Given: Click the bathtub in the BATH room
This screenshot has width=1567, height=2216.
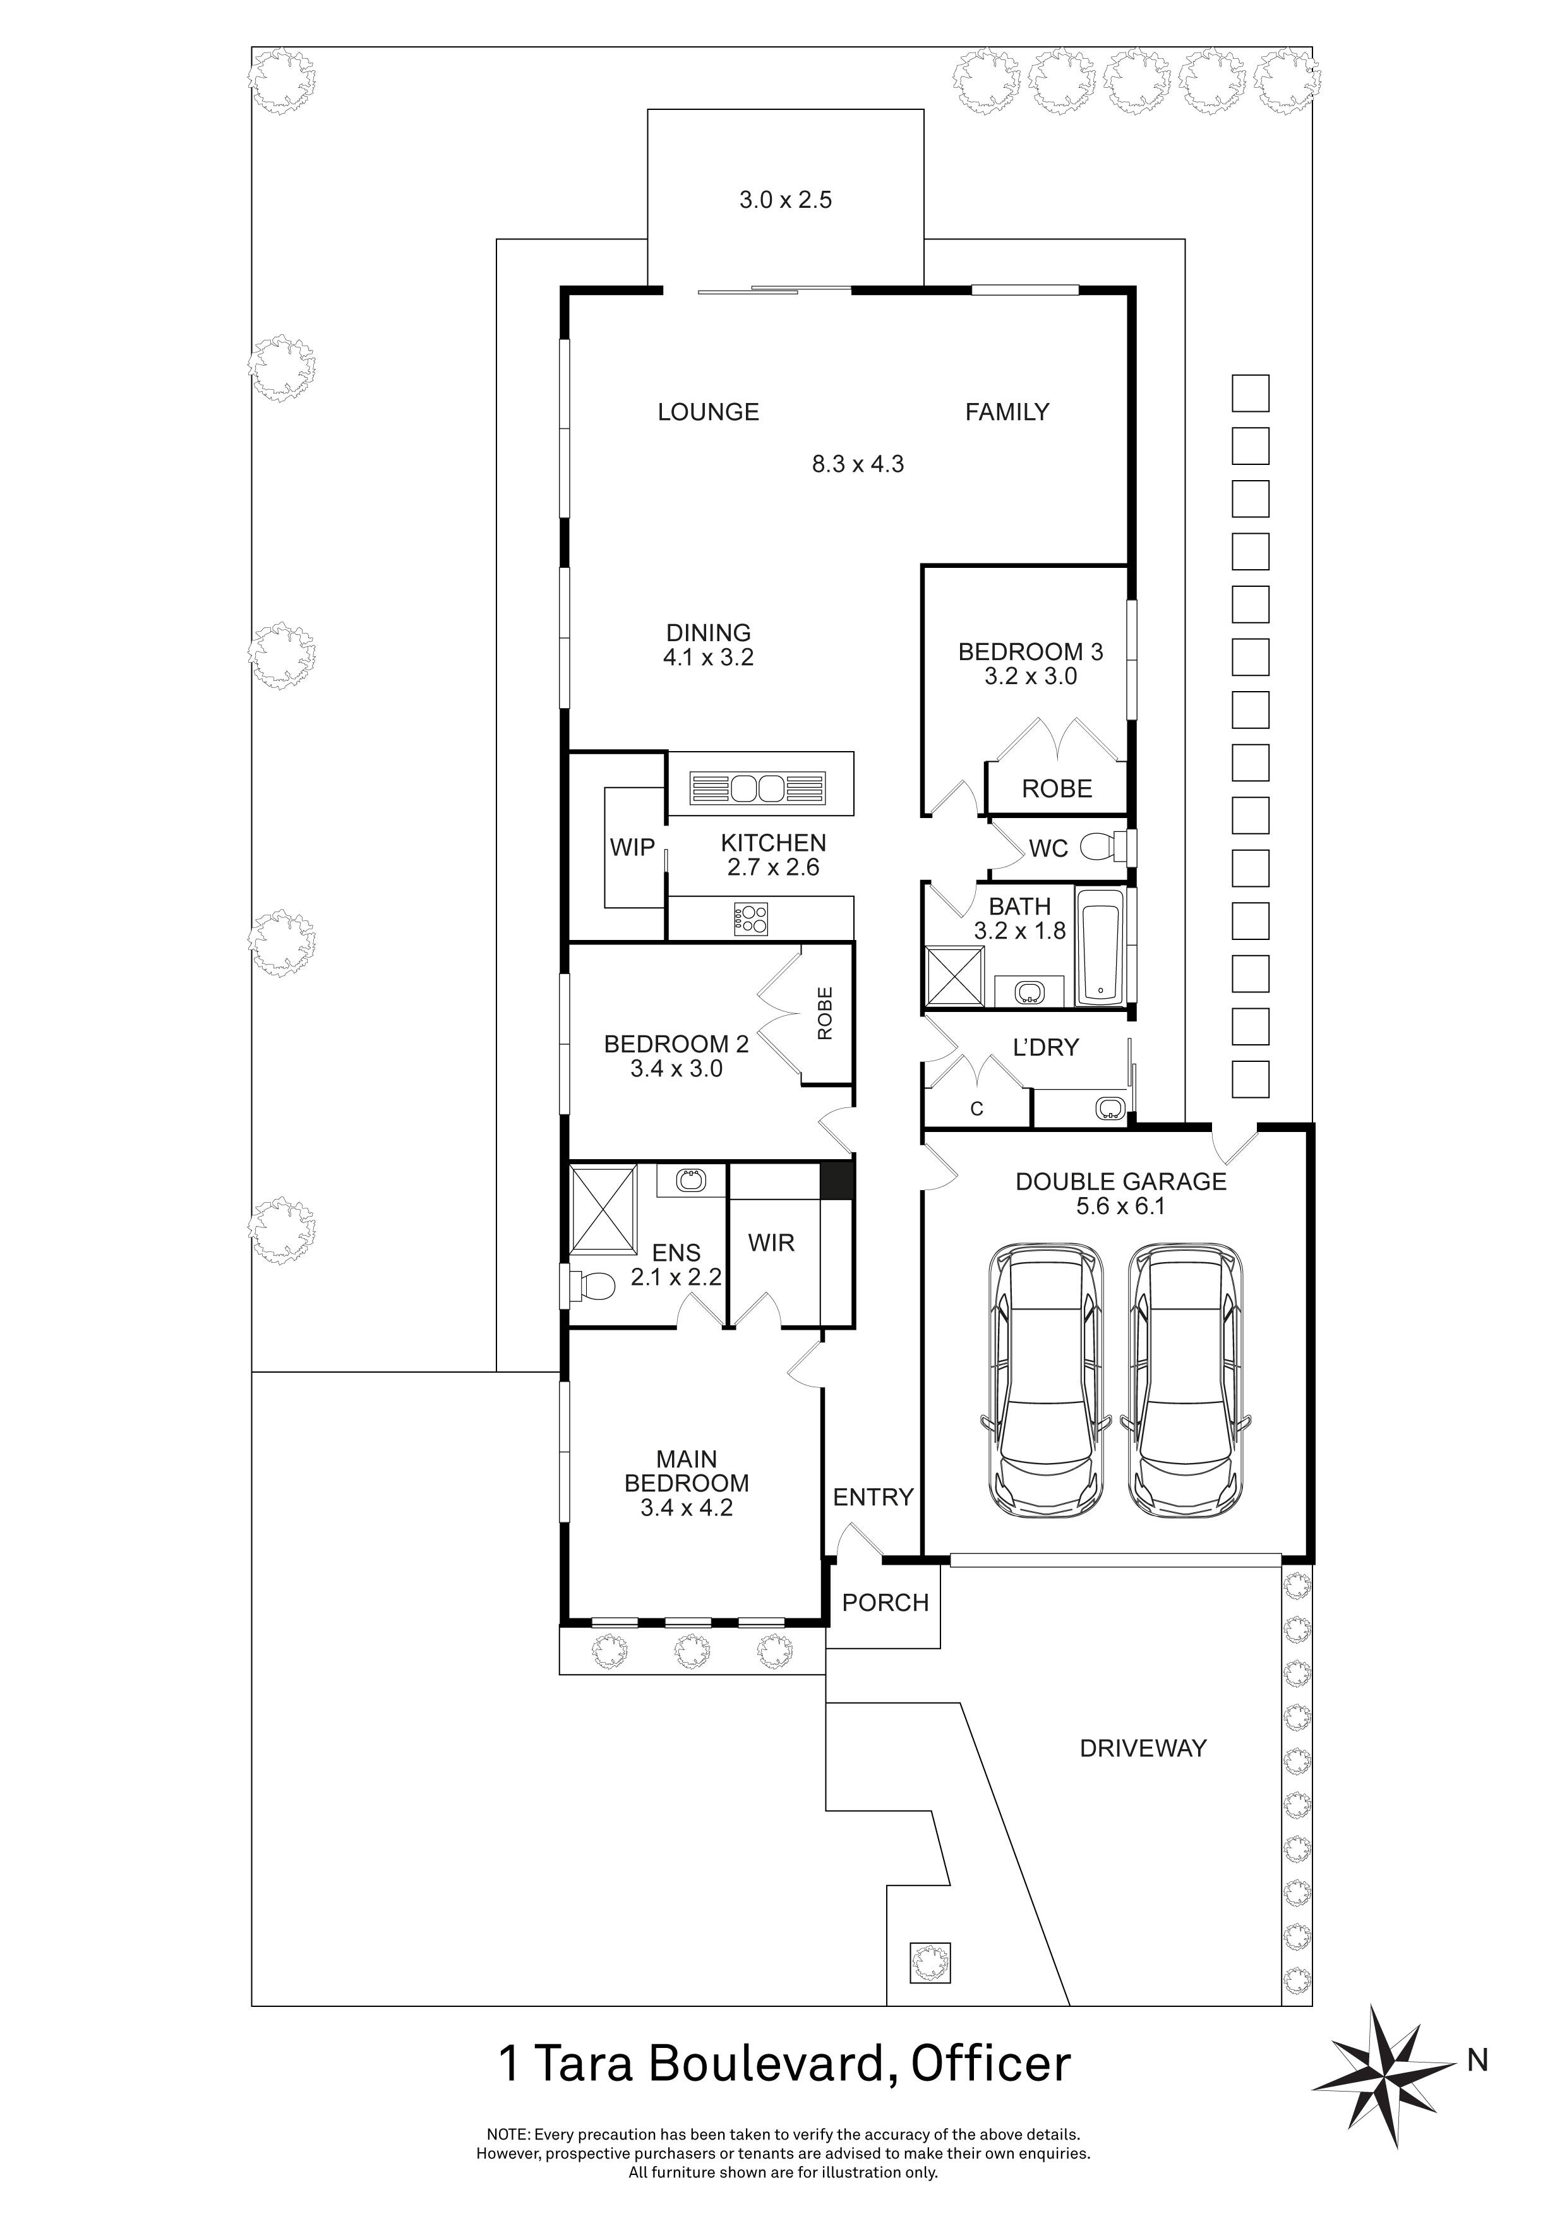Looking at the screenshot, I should point(1101,947).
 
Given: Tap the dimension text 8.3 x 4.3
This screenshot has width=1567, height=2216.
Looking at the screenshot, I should point(858,464).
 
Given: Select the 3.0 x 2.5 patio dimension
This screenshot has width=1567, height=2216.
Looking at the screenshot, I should point(786,200).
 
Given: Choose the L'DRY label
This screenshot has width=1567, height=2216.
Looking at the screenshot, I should point(1045,1047).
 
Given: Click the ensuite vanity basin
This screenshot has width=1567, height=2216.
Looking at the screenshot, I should point(690,1179).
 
